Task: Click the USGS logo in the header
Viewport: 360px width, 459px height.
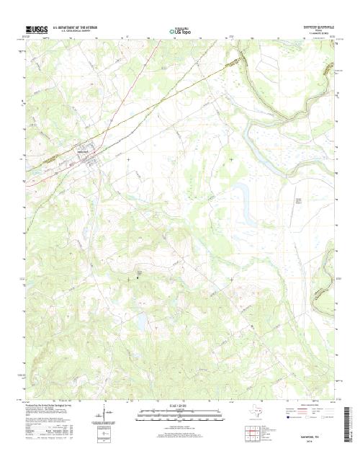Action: tap(35, 30)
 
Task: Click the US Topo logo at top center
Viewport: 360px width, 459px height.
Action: tap(180, 31)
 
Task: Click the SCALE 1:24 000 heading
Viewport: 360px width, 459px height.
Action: tap(179, 406)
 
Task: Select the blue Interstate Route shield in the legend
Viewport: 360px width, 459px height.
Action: tap(282, 418)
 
